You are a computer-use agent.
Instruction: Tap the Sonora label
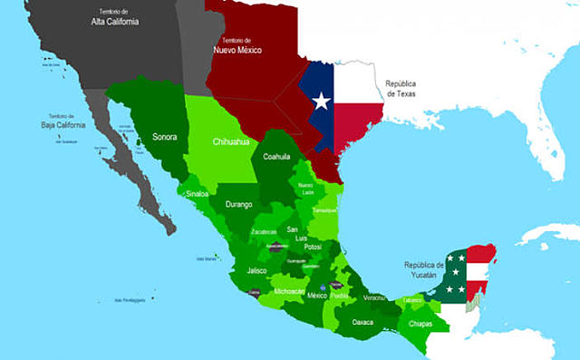(164, 138)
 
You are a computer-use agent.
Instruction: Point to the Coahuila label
(276, 157)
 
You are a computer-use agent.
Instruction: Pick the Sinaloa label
(197, 194)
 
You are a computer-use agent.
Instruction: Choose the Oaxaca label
(362, 322)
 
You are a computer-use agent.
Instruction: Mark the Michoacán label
(290, 291)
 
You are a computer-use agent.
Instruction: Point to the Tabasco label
(412, 300)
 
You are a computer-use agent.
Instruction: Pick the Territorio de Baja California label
(63, 121)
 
